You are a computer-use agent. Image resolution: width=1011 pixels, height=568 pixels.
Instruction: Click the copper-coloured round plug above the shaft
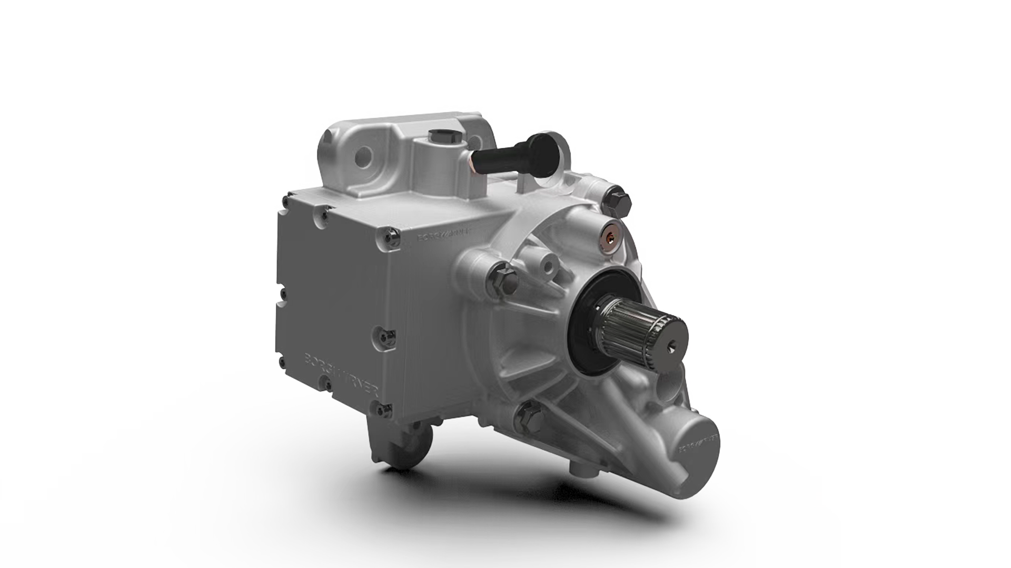click(612, 236)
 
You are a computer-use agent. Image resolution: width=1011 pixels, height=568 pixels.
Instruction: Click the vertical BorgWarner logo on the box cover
click(345, 376)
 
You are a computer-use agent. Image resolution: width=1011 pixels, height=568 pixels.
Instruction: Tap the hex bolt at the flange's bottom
click(527, 418)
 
